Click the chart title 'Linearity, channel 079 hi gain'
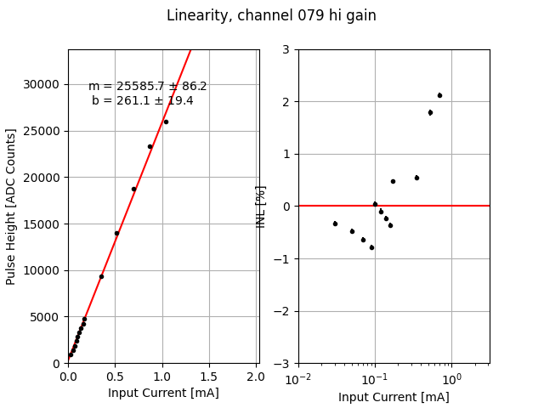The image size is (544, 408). pyautogui.click(x=271, y=16)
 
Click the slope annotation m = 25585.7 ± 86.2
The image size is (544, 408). pyautogui.click(x=148, y=87)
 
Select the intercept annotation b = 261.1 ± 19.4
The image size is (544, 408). pyautogui.click(x=143, y=100)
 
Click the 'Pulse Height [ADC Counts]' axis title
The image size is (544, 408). pyautogui.click(x=11, y=207)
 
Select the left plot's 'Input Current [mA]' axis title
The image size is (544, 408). pyautogui.click(x=163, y=393)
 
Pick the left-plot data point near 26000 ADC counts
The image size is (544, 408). pyautogui.click(x=166, y=122)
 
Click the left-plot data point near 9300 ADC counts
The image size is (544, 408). pyautogui.click(x=101, y=276)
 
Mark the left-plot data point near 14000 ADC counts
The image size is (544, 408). pyautogui.click(x=116, y=233)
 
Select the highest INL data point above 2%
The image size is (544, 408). pyautogui.click(x=439, y=95)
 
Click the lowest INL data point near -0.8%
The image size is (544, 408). pyautogui.click(x=371, y=247)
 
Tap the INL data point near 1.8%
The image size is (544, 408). pyautogui.click(x=430, y=112)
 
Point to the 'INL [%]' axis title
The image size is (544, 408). pyautogui.click(x=261, y=207)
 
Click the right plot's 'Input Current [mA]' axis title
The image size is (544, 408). pyautogui.click(x=394, y=397)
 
